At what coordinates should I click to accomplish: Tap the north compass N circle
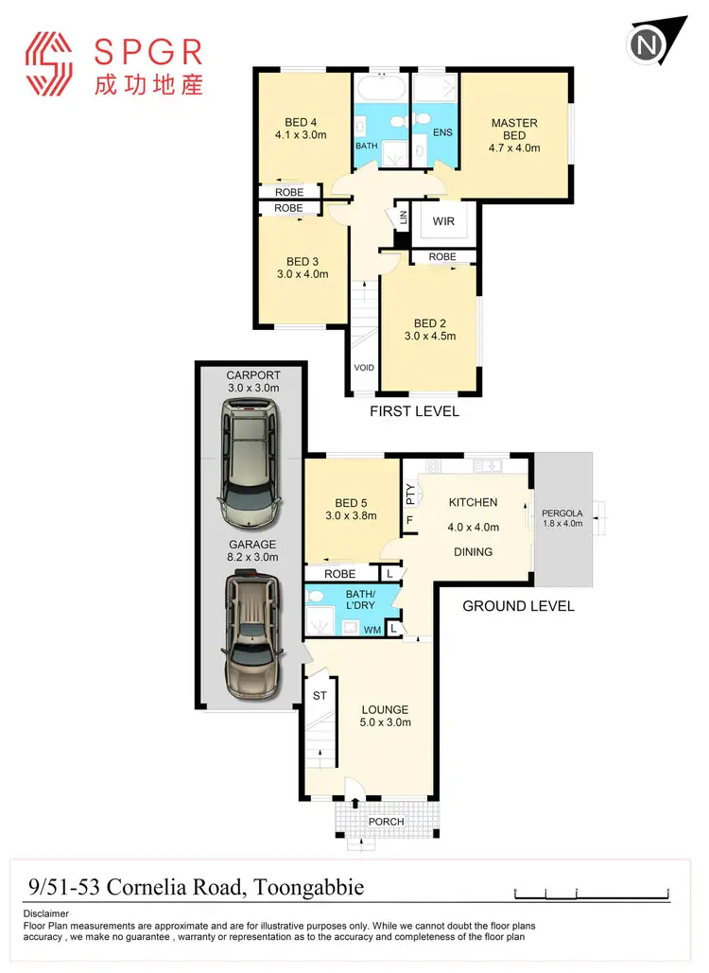pyautogui.click(x=648, y=44)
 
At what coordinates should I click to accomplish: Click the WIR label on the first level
pyautogui.click(x=443, y=221)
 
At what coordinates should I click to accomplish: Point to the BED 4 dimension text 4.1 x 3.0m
pyautogui.click(x=300, y=135)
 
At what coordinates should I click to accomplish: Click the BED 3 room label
pyautogui.click(x=302, y=262)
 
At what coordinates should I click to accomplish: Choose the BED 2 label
pyautogui.click(x=429, y=322)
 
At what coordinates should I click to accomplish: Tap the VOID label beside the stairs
pyautogui.click(x=363, y=369)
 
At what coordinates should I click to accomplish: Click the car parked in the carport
pyautogui.click(x=250, y=464)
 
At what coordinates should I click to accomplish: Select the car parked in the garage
pyautogui.click(x=251, y=638)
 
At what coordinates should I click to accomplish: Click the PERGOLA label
pyautogui.click(x=563, y=515)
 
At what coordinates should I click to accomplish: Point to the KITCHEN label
pyautogui.click(x=473, y=502)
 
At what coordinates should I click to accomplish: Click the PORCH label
pyautogui.click(x=386, y=822)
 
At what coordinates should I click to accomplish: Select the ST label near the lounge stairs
pyautogui.click(x=320, y=696)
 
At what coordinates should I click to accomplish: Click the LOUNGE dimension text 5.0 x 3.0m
pyautogui.click(x=385, y=723)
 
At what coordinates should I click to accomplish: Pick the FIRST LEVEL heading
pyautogui.click(x=415, y=411)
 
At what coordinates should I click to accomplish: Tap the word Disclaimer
pyautogui.click(x=45, y=914)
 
